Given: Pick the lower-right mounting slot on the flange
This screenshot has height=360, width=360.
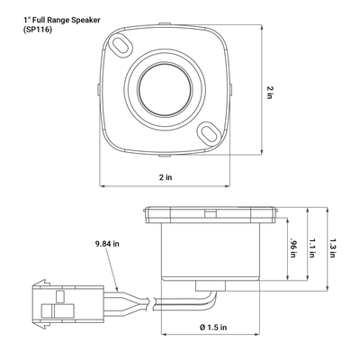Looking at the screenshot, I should click(209, 133).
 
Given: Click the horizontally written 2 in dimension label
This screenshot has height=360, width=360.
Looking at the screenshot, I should click(164, 177).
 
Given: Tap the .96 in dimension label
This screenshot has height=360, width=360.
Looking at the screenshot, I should click(293, 247).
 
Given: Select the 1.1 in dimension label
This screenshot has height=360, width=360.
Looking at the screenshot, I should click(311, 247).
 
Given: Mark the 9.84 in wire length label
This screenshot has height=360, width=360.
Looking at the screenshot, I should click(108, 243).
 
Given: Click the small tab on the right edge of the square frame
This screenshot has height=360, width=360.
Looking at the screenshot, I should click(230, 89).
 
